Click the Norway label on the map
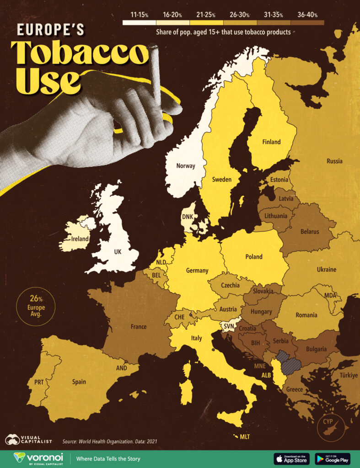click(186, 166)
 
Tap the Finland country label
click(271, 142)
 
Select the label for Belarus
click(310, 232)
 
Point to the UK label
click(118, 251)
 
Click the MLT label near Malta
click(245, 436)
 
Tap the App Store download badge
click(291, 458)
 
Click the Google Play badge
click(332, 458)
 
